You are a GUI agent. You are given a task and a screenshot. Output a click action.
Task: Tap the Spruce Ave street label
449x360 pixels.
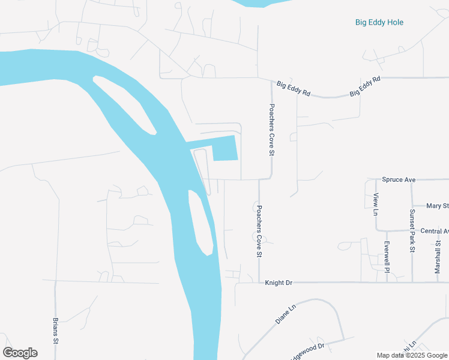pos(399,179)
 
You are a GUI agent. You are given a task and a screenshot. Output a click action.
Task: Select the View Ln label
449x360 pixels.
pos(376,205)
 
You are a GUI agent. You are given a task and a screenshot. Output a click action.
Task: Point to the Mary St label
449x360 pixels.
pos(437,206)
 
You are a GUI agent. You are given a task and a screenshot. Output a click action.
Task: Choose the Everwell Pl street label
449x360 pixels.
pos(387,257)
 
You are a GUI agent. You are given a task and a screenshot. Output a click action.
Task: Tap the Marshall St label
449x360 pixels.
pos(438,256)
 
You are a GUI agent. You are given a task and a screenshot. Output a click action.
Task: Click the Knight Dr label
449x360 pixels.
pos(278,282)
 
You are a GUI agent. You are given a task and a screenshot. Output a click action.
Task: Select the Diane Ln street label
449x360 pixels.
pos(286,314)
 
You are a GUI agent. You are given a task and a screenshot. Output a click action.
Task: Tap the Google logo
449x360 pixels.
pos(20,353)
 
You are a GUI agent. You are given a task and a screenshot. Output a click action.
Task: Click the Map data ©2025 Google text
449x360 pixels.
pos(412,355)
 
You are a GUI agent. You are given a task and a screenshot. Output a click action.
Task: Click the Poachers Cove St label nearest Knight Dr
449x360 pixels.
pos(259,232)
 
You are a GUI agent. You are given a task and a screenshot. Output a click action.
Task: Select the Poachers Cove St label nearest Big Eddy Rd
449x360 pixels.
pos(271,130)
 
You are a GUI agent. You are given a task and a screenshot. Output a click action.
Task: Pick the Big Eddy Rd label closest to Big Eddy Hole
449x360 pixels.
pos(366,87)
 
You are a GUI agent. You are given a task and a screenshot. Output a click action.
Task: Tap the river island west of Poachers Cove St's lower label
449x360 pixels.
pos(200,222)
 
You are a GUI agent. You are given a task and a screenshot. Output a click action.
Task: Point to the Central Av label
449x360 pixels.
pos(434,231)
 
